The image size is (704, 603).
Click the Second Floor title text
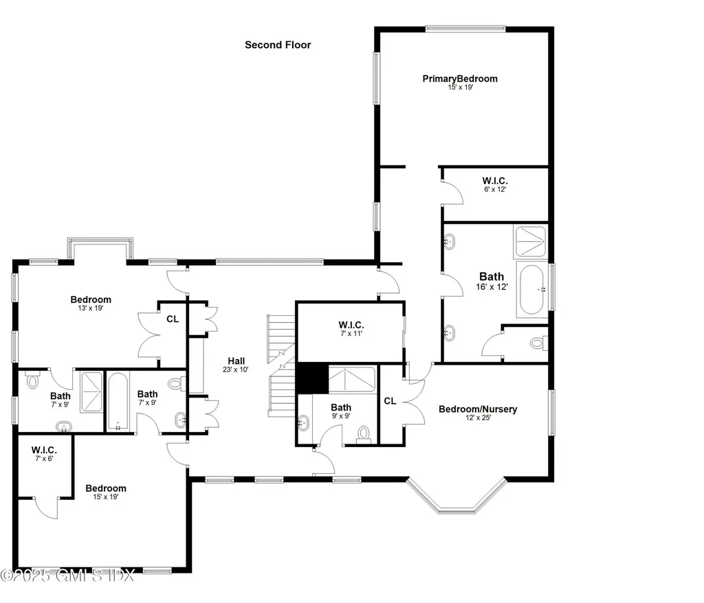pyautogui.click(x=278, y=45)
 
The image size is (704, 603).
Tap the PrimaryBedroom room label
pyautogui.click(x=459, y=79)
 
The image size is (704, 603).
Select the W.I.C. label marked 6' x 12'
pyautogui.click(x=494, y=181)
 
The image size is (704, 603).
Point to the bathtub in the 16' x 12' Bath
pyautogui.click(x=532, y=290)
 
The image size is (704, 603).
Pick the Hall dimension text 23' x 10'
pyautogui.click(x=236, y=369)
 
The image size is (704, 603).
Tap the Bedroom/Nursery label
pyautogui.click(x=478, y=409)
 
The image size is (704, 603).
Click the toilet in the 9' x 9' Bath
pyautogui.click(x=364, y=433)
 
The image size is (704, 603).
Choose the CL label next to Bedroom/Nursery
pyautogui.click(x=390, y=401)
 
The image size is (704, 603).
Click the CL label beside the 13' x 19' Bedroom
pyautogui.click(x=172, y=319)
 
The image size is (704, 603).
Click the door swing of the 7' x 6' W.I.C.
pyautogui.click(x=47, y=508)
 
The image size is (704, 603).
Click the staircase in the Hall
pyautogui.click(x=281, y=364)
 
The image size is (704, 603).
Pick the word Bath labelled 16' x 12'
pyautogui.click(x=492, y=277)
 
